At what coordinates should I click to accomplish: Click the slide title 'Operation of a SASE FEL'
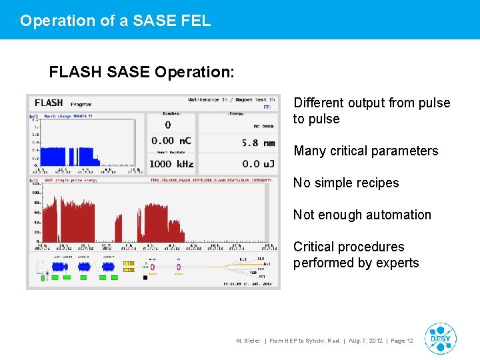[x=115, y=21]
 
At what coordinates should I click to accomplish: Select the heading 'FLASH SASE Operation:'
[x=140, y=72]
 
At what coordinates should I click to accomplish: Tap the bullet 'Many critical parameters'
[x=365, y=151]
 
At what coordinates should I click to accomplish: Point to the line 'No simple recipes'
[x=346, y=183]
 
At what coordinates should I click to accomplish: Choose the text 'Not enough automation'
[x=362, y=215]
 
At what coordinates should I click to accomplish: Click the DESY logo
[x=440, y=339]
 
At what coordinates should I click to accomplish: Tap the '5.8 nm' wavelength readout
[x=259, y=143]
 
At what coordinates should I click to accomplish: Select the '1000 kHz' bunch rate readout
[x=171, y=163]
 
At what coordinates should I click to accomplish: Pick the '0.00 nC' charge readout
[x=171, y=141]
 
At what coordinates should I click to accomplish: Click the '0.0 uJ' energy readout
[x=259, y=163]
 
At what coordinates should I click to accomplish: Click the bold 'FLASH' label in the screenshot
[x=49, y=103]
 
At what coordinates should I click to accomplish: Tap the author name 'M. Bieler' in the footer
[x=249, y=341]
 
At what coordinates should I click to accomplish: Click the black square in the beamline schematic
[x=145, y=277]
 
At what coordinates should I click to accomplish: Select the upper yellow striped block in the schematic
[x=129, y=263]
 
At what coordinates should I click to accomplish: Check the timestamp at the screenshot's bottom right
[x=248, y=285]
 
